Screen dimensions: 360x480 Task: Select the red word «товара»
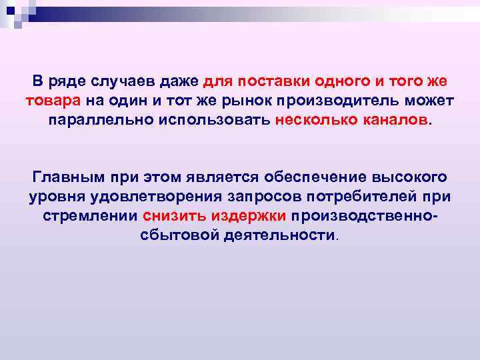pos(53,101)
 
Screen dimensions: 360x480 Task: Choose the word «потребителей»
pos(351,197)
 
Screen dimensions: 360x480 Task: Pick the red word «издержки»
pos(249,217)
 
